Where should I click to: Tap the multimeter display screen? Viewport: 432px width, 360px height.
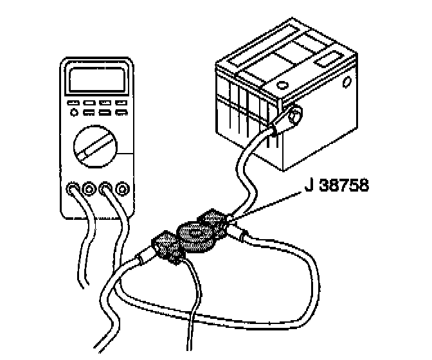(96, 80)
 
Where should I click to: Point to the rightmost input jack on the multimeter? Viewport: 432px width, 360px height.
(122, 189)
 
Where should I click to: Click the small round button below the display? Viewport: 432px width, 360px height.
(75, 113)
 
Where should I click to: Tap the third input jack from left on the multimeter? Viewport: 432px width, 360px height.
(106, 189)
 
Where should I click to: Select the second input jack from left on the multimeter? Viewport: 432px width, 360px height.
(90, 189)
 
